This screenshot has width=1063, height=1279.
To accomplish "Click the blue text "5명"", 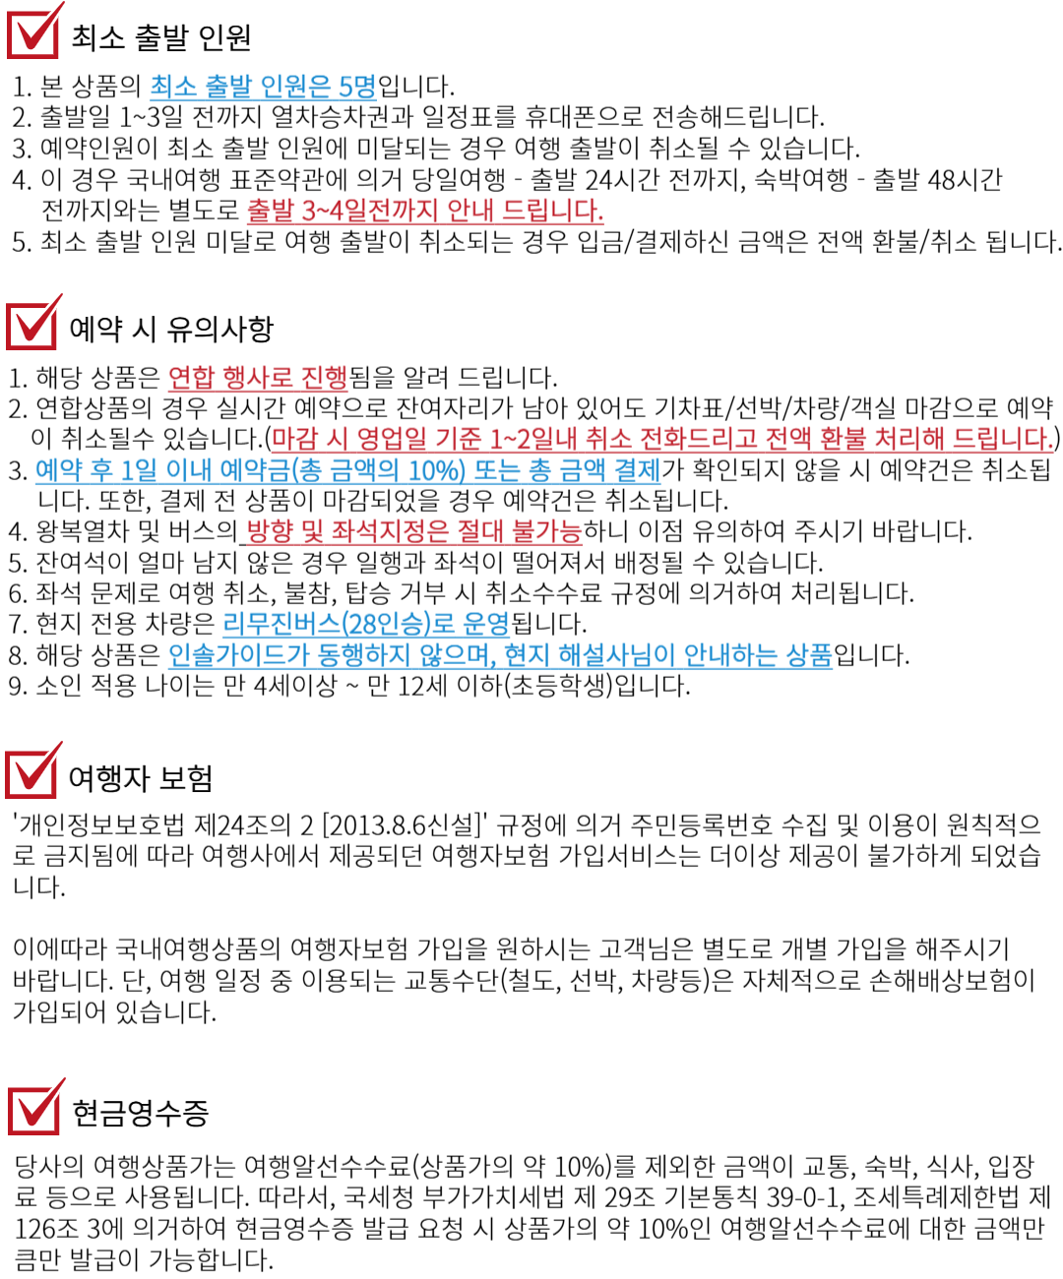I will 357,87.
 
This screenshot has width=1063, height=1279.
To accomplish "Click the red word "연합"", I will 191,378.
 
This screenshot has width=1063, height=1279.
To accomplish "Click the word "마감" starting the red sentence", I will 292,438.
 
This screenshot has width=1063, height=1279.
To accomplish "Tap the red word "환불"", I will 839,438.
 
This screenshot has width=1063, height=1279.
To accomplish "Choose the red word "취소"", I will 608,438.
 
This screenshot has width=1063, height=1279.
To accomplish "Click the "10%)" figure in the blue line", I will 436,470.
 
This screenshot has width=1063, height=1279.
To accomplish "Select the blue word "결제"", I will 636,470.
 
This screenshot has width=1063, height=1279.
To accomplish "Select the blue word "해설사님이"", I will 616,655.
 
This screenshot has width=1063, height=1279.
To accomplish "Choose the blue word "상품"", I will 808,655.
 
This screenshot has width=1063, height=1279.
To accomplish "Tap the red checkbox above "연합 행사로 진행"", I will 32,324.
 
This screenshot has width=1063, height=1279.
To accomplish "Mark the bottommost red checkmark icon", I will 34,1109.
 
